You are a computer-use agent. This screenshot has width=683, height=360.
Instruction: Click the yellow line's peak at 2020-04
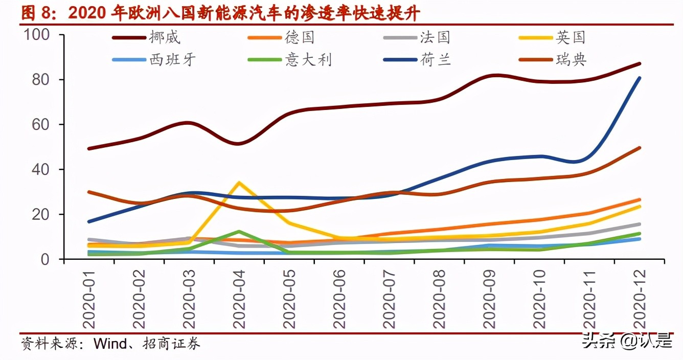[x=239, y=183]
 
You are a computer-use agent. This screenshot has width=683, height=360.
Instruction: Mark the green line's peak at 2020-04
[x=239, y=232]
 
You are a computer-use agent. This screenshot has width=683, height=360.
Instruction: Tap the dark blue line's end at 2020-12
[x=640, y=78]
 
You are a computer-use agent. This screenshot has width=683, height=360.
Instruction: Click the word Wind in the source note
[x=109, y=344]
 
